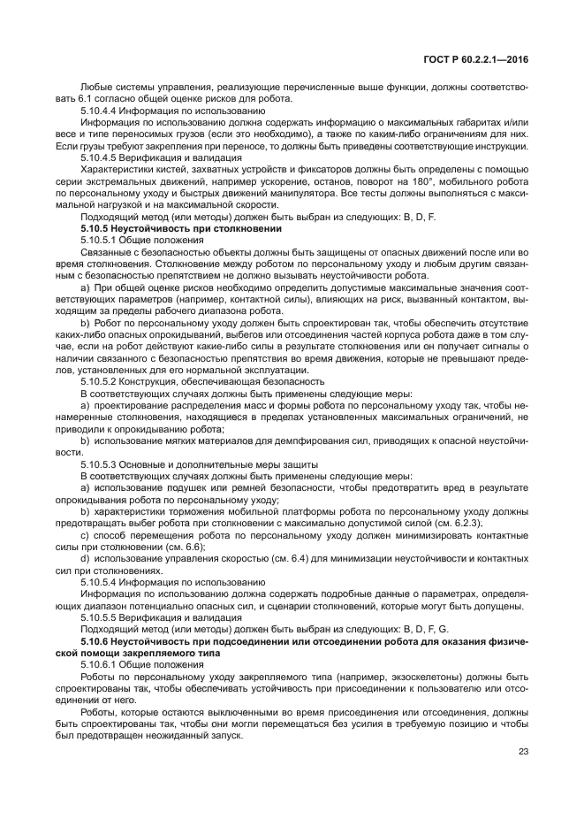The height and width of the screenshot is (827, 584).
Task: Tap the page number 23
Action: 526,754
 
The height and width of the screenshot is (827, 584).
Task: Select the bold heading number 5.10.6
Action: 96,639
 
